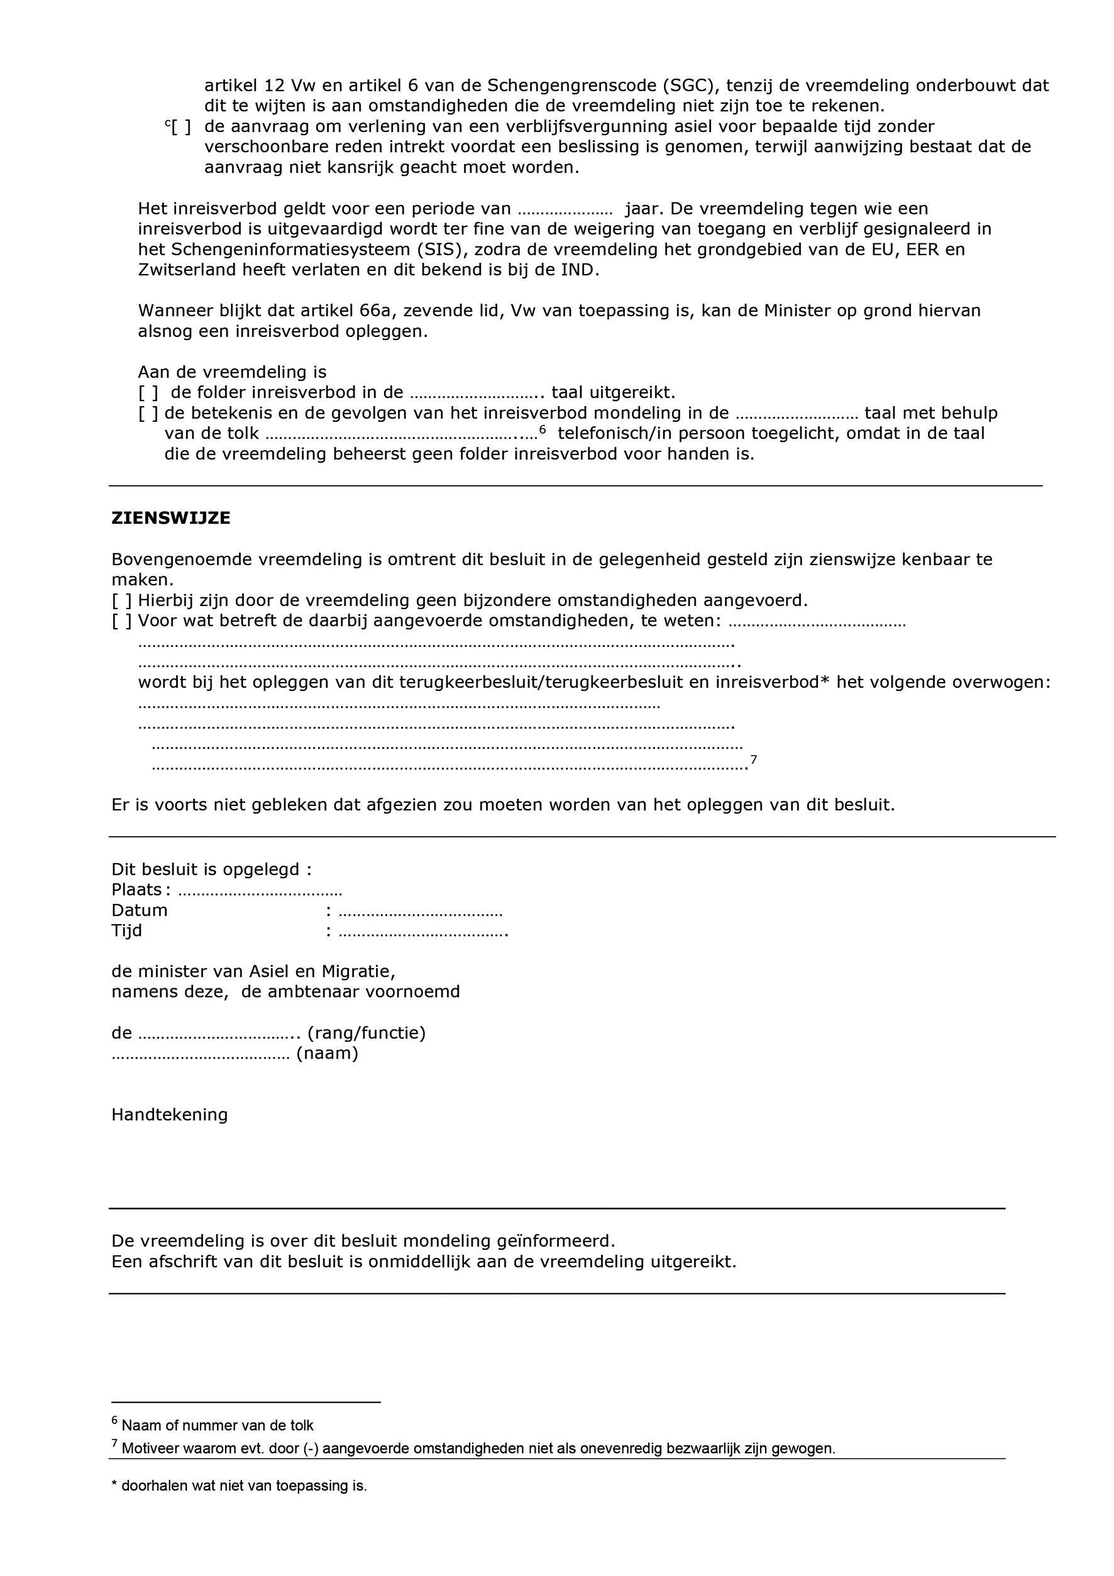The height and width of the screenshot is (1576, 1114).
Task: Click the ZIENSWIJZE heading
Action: [171, 518]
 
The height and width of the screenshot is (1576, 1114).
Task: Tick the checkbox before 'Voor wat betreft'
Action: [121, 622]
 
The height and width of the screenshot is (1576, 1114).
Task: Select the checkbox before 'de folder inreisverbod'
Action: [148, 394]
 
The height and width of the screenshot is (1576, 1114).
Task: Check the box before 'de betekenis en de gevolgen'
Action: [148, 414]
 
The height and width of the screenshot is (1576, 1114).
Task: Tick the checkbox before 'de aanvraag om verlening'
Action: [181, 127]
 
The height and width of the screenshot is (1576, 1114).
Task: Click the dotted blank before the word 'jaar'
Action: [564, 209]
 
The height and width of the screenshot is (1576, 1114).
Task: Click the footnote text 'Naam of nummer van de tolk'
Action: [217, 1426]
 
